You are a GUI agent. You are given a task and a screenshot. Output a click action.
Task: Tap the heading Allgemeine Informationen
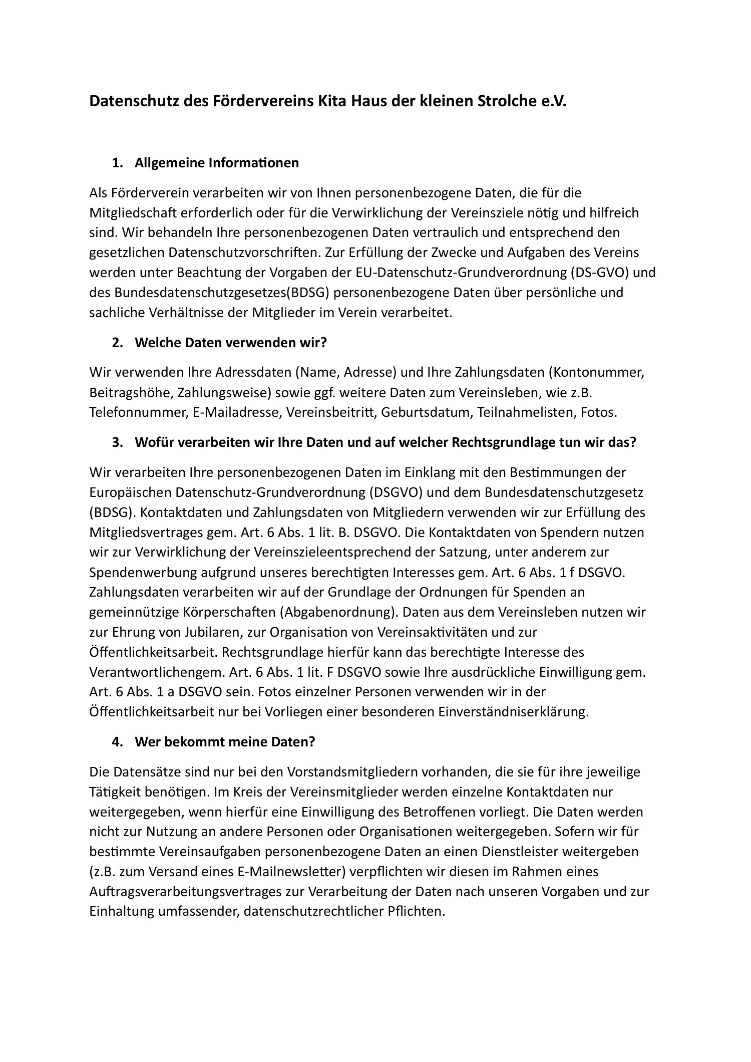(216, 163)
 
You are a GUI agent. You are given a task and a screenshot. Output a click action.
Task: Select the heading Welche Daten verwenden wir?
(230, 343)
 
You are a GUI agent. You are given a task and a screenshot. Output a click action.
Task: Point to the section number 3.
(117, 442)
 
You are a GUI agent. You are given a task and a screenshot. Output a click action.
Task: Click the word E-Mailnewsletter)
(290, 872)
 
